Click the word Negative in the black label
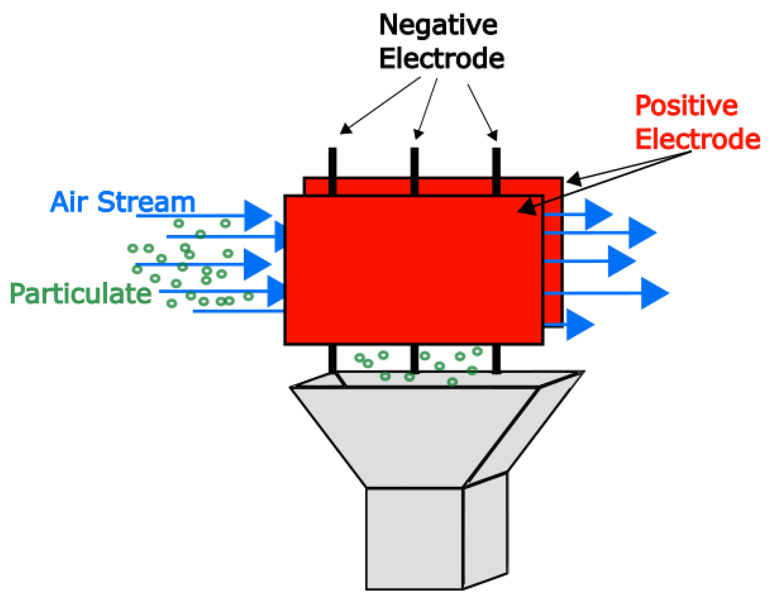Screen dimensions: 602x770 (438, 25)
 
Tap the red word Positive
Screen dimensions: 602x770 (686, 106)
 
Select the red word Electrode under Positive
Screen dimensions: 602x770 (697, 139)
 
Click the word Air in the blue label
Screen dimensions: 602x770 (69, 202)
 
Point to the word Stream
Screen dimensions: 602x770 (146, 202)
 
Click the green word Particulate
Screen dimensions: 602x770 (81, 293)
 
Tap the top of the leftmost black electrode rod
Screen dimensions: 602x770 (332, 150)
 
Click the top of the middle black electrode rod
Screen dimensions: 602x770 (414, 150)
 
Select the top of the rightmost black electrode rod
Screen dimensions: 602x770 (496, 150)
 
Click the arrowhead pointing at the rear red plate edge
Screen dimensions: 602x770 (574, 179)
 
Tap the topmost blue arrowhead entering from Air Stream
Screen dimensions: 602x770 (257, 215)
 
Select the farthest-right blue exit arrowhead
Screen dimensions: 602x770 (653, 293)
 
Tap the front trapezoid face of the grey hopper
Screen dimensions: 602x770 (414, 437)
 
